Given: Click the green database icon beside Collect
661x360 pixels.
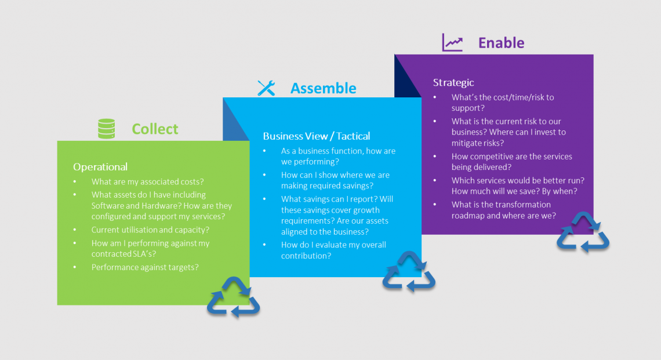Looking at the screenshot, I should click(x=106, y=129).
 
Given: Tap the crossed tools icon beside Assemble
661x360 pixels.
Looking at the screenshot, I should click(x=266, y=88).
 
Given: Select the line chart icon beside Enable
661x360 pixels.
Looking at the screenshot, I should click(x=452, y=43).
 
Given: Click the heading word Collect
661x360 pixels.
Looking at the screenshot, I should click(x=155, y=129).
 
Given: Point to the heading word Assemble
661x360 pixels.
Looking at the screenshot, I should click(x=323, y=88).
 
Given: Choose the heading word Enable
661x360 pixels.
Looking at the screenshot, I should click(x=501, y=43).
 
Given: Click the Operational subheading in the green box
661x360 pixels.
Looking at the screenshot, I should click(x=100, y=167).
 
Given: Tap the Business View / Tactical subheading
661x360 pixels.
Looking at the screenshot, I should click(x=316, y=136).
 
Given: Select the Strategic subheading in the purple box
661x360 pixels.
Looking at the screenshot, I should click(x=453, y=83).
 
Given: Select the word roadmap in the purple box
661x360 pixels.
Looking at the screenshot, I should click(x=469, y=216).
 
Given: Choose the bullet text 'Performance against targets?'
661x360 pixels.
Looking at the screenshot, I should click(x=145, y=267).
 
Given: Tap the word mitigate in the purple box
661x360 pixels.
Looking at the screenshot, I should click(x=467, y=143).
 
